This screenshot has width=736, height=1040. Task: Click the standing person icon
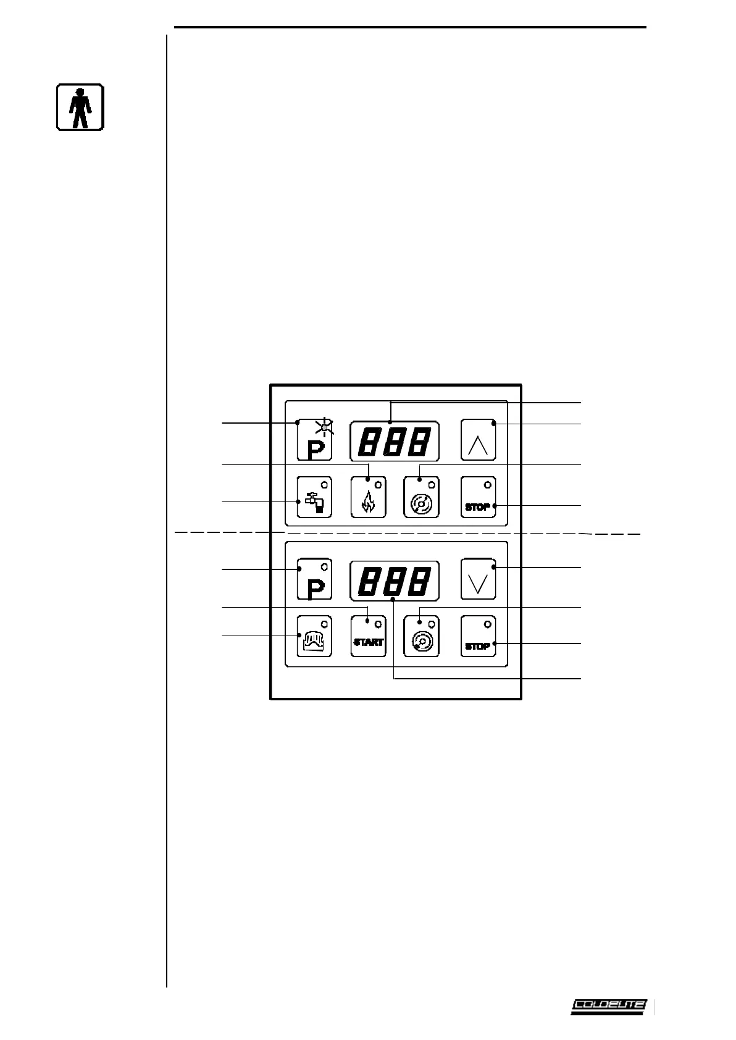coord(80,107)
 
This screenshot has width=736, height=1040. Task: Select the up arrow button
coord(479,440)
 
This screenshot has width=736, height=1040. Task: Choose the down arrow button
coord(479,581)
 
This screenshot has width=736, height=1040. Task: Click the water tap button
coord(314,497)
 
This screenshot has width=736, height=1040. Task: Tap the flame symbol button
coord(368,497)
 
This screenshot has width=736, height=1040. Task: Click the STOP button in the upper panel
coord(479,497)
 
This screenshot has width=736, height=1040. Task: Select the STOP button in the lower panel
coord(479,637)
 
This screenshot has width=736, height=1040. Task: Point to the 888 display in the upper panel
coord(395,441)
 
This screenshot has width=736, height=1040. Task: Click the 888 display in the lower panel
coord(395,581)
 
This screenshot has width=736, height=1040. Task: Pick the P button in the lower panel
coord(314,581)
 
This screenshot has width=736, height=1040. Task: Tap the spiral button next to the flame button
coord(422,497)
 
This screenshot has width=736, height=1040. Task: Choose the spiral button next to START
coord(422,637)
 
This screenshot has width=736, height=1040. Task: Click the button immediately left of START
coord(314,637)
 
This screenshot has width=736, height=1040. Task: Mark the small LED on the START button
coord(378,625)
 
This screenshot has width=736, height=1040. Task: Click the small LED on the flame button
coord(378,484)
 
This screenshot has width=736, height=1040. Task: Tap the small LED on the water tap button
coord(324,484)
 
